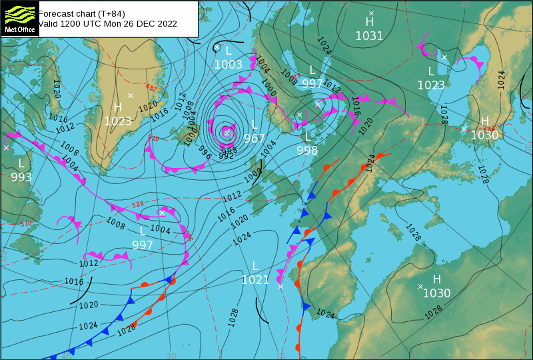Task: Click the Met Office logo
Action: point(19,18)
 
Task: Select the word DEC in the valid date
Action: point(147,23)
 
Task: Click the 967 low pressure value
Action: point(255,139)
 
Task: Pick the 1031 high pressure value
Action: point(369,36)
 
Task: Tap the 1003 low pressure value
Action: point(228,65)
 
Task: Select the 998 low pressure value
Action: point(307,151)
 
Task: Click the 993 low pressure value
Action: point(21,177)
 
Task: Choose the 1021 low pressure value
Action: point(255,280)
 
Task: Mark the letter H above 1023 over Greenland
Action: point(118,107)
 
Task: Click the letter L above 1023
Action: point(431,71)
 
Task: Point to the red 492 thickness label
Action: point(152,88)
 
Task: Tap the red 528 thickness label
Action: point(138,205)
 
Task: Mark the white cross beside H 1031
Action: point(372,13)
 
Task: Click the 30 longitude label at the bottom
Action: point(171,356)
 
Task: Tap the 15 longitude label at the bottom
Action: point(280,356)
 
